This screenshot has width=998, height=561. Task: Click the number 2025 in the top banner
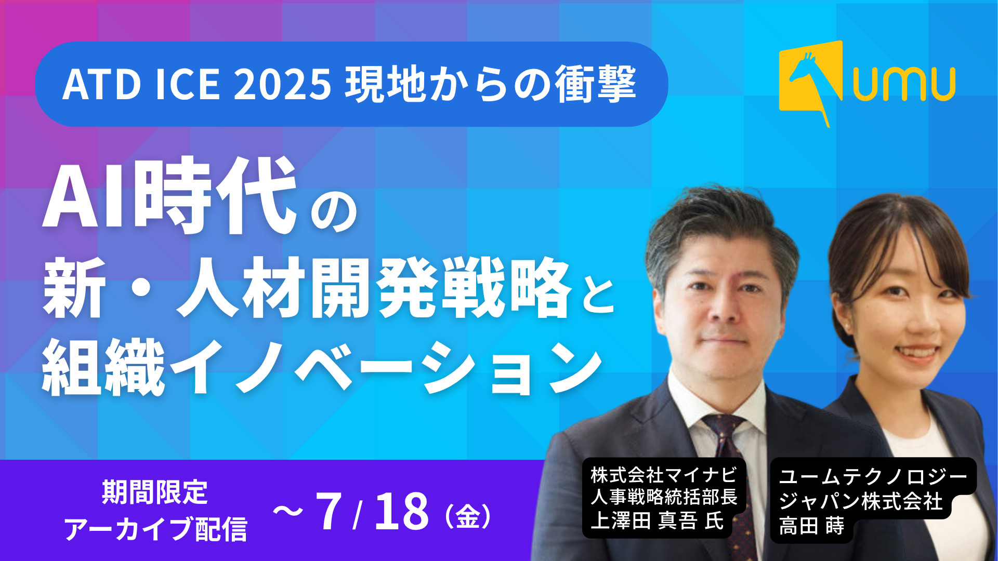(282, 84)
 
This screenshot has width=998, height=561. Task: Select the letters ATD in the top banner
(102, 84)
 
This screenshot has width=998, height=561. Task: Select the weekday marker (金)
(468, 516)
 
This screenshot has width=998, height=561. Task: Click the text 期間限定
(155, 492)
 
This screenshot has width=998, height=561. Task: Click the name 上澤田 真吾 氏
(657, 521)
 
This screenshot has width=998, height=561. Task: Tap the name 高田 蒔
(811, 526)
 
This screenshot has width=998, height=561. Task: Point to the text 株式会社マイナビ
(664, 474)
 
